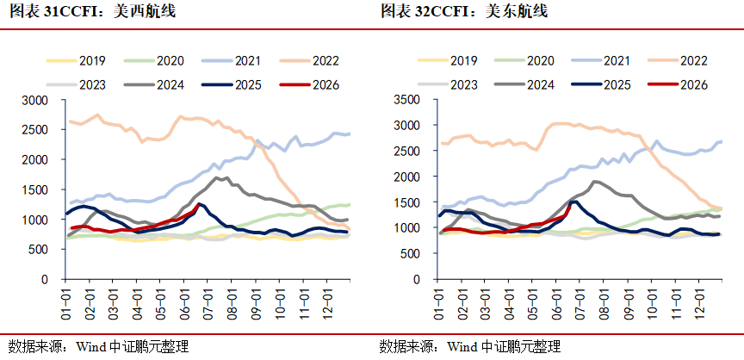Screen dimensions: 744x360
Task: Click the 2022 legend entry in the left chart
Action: point(309,60)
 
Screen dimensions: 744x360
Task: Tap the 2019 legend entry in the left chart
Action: point(76,60)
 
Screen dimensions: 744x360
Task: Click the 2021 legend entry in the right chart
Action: point(601,60)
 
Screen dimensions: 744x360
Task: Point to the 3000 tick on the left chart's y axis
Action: point(34,101)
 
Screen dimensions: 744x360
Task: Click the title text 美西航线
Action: point(145,11)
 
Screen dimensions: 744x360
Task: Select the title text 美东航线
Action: point(517,11)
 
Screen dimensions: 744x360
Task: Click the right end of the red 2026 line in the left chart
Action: point(198,205)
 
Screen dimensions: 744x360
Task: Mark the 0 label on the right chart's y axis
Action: point(417,279)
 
